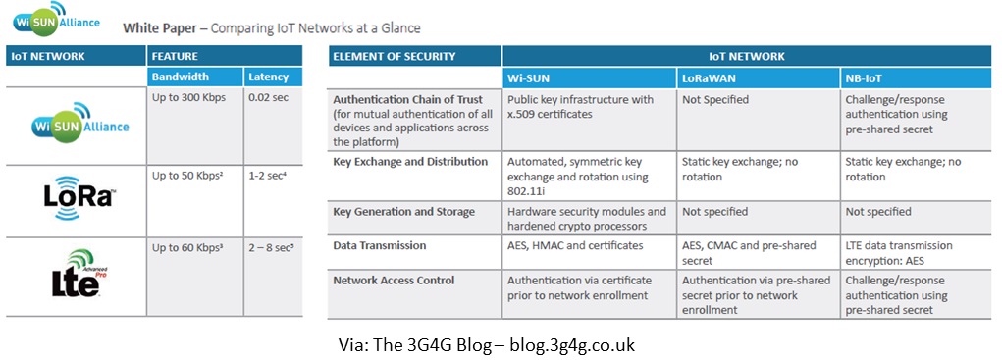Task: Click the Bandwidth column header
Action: point(181,76)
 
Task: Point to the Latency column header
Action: point(268,76)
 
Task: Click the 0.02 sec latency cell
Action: point(268,99)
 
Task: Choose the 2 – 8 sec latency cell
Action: point(271,249)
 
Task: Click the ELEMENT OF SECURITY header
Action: point(395,56)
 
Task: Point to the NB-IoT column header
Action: point(868,77)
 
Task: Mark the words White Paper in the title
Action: point(157,28)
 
